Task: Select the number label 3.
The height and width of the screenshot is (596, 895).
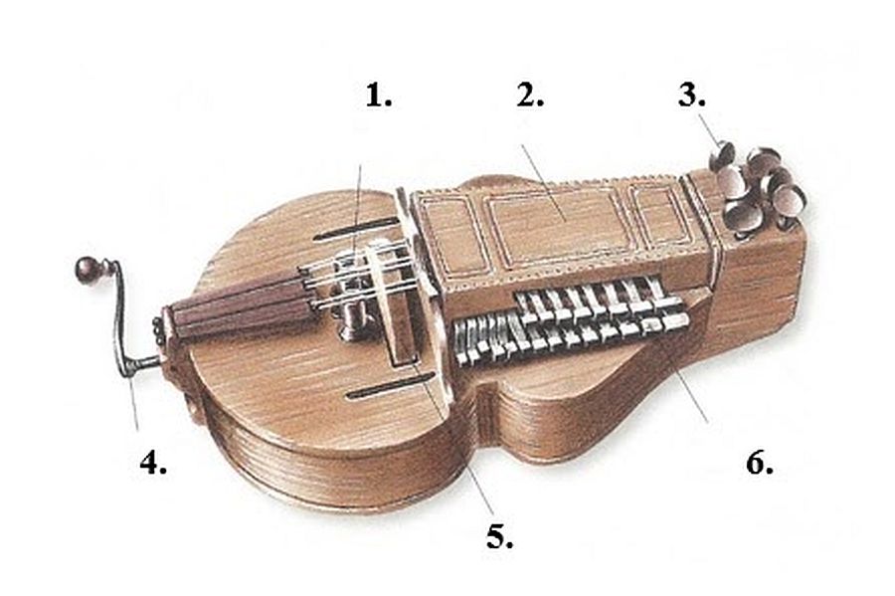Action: point(692,97)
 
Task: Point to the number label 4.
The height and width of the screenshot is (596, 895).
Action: point(152,464)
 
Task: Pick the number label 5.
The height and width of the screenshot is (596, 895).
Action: point(500,537)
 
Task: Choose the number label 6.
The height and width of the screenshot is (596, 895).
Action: point(759,464)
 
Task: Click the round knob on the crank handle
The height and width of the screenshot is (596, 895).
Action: point(87,269)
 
